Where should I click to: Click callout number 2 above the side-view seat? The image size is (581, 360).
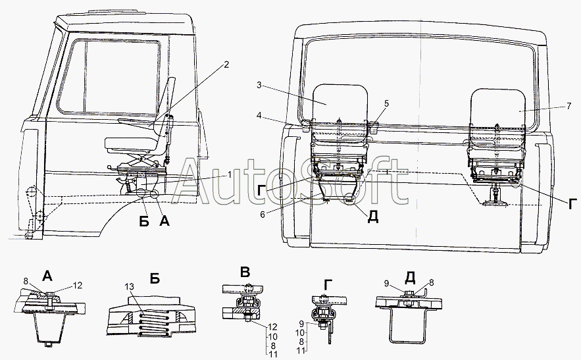click(226, 65)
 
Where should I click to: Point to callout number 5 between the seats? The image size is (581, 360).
click(386, 104)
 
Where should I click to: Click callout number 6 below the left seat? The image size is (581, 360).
click(263, 215)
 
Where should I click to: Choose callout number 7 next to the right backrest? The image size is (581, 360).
click(568, 107)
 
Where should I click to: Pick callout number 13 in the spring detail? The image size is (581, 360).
click(130, 286)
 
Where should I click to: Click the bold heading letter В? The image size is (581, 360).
click(245, 272)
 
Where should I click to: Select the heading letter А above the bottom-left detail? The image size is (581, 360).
click(47, 276)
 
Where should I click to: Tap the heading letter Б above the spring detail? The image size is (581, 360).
click(155, 278)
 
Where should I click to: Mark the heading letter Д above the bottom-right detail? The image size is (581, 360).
click(410, 276)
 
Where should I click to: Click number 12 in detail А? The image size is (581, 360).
click(77, 286)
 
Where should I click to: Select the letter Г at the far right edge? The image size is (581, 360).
click(572, 203)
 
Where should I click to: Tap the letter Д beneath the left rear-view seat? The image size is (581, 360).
click(373, 217)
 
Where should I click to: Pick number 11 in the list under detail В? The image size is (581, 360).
click(272, 354)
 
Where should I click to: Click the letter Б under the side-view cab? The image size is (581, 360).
click(144, 221)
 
